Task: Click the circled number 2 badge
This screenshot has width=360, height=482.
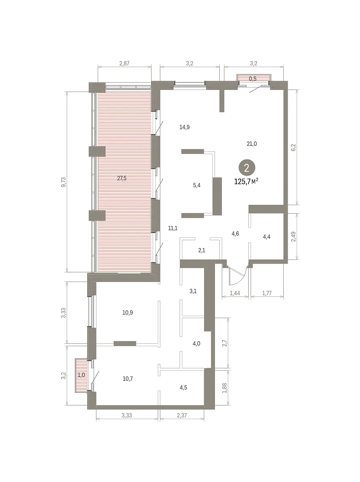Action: pos(247,168)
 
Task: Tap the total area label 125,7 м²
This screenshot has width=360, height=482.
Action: pos(246,182)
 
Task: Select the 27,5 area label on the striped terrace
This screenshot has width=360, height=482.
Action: pos(122,178)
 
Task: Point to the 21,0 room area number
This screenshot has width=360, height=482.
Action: pos(252,144)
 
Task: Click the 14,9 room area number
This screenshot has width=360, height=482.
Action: pos(184,127)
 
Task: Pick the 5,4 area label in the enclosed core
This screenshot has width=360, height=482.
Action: pos(196,185)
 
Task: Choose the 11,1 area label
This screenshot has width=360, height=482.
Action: pos(173,229)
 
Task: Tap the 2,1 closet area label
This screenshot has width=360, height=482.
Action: pos(202,250)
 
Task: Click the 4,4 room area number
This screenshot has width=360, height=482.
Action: pos(266,237)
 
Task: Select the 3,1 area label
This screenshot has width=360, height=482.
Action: pos(193,291)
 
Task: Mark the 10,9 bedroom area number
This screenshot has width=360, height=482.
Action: pos(128,312)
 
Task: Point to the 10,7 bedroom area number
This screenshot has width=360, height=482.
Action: pos(128,379)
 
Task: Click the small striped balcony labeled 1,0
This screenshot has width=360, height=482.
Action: pos(81,375)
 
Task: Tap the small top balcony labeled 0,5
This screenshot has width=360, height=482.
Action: pos(253,78)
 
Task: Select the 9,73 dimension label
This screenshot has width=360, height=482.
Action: pos(63,182)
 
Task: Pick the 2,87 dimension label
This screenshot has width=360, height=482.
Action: pos(124,63)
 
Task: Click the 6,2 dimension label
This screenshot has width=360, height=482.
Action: pos(293,147)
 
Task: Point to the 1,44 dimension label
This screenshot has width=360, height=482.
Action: pos(235,293)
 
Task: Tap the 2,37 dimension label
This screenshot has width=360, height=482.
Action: pos(182,415)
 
